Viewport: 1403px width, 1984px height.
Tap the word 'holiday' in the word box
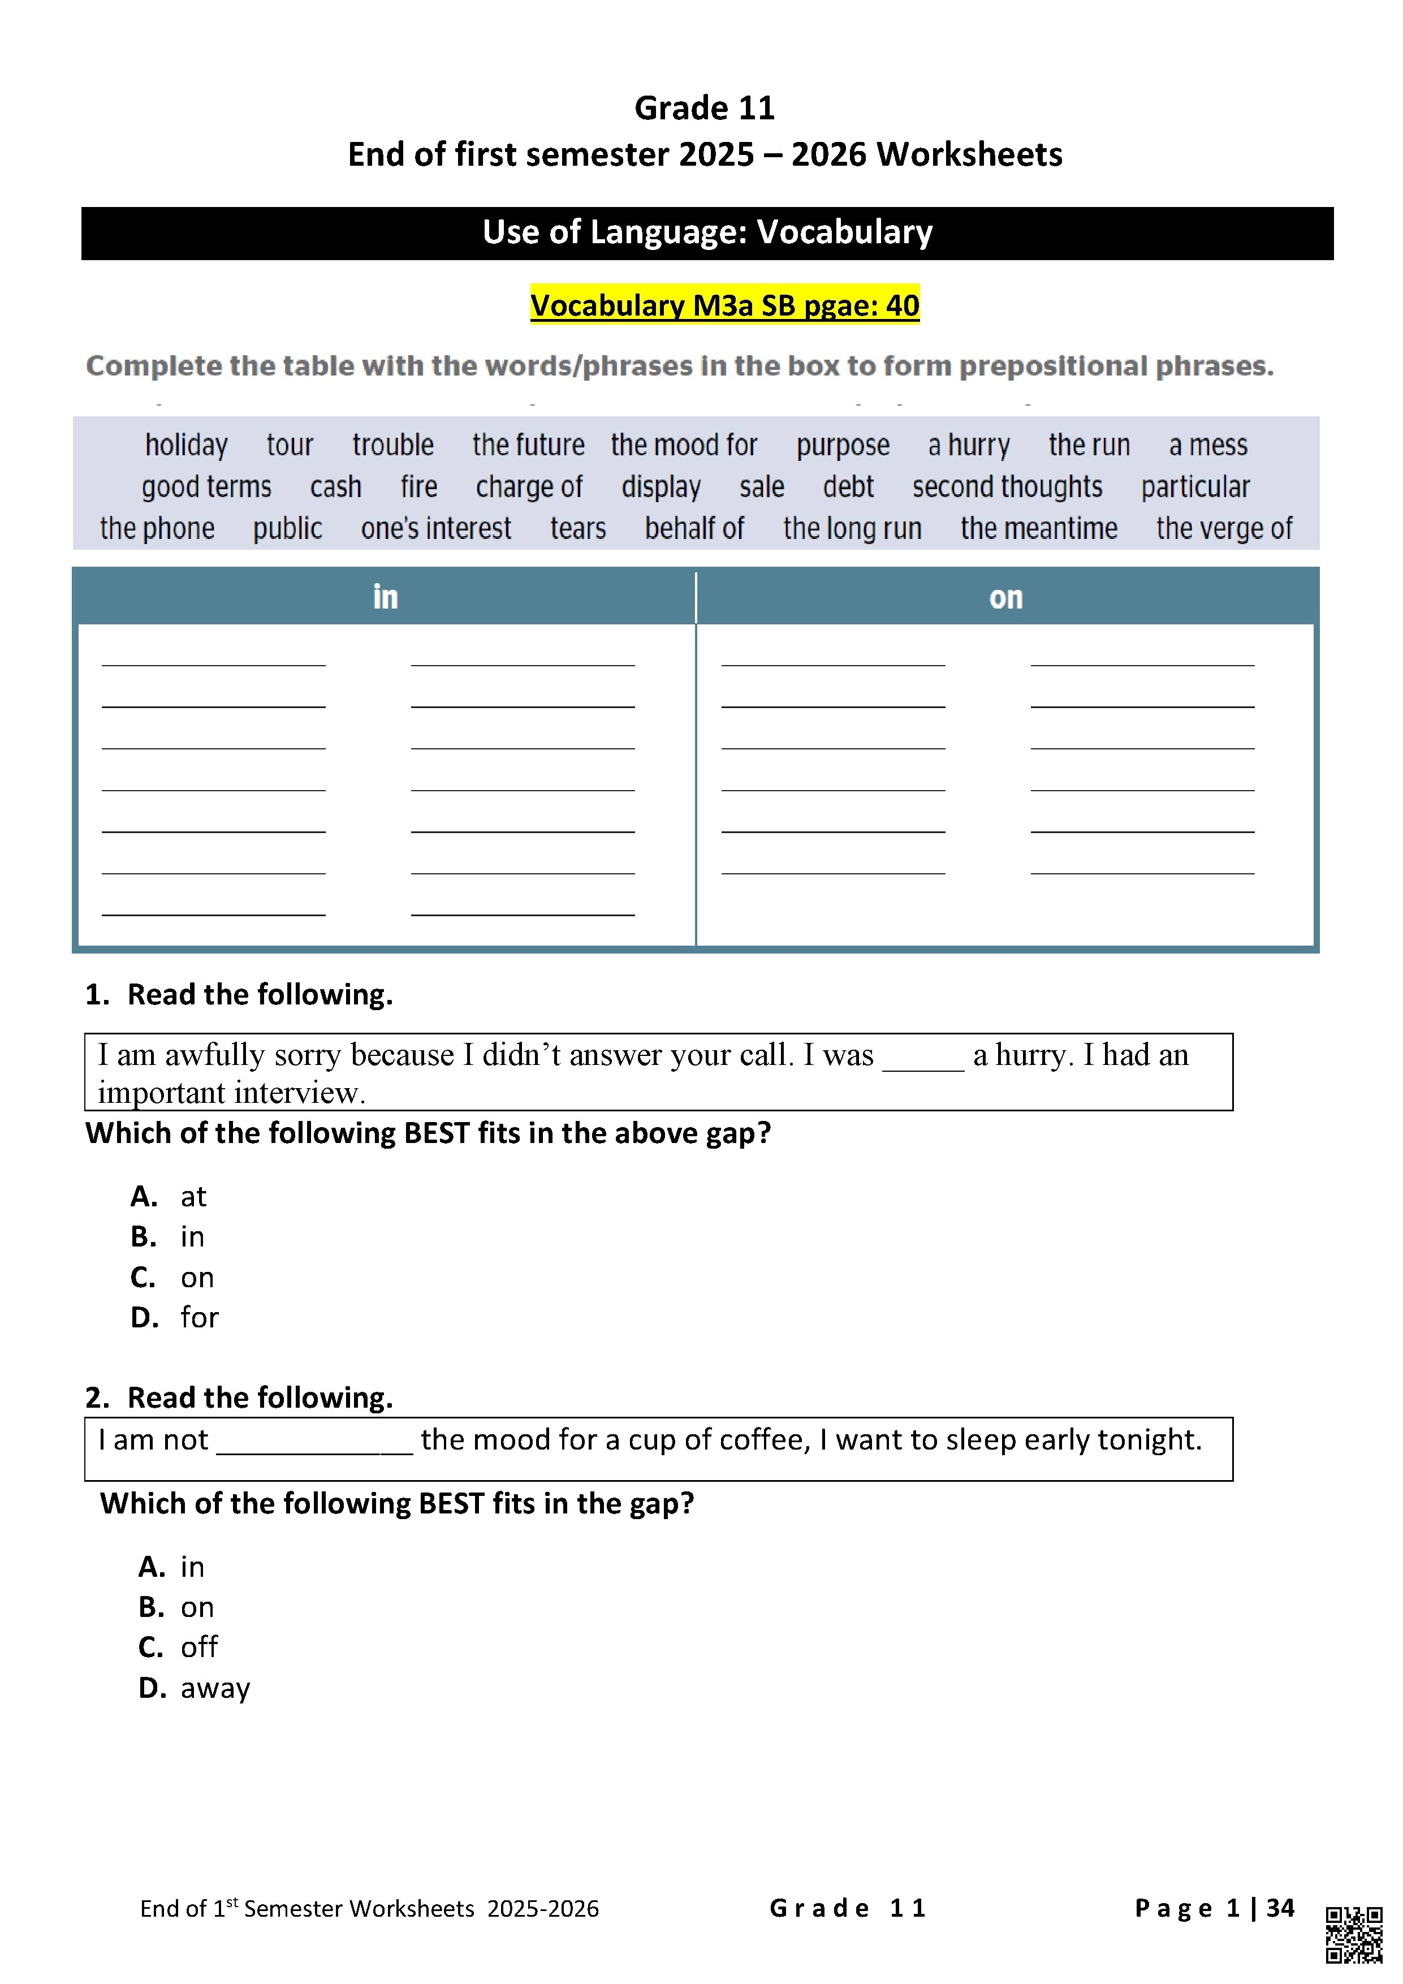click(185, 445)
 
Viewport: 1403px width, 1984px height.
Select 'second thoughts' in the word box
click(1007, 486)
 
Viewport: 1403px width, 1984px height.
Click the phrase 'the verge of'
click(1224, 528)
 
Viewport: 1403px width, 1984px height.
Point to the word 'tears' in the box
click(578, 528)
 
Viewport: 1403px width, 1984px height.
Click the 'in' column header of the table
click(385, 597)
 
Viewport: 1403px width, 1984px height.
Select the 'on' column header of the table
click(1005, 597)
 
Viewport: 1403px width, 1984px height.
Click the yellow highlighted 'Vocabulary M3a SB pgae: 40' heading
click(725, 305)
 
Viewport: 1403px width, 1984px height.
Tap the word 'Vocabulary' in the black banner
click(844, 231)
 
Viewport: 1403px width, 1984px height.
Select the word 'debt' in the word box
click(848, 486)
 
